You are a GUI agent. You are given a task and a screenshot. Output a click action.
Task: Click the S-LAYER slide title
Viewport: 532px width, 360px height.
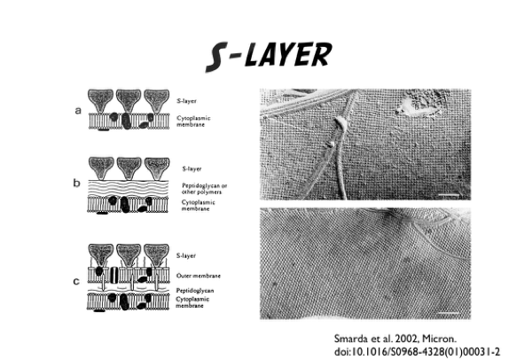(269, 56)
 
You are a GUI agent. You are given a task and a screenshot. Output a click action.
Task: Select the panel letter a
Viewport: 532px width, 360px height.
(78, 111)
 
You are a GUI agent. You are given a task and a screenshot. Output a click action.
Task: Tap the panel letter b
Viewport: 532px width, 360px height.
(76, 183)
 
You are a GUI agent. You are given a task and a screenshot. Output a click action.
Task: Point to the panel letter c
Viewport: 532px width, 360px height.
(76, 281)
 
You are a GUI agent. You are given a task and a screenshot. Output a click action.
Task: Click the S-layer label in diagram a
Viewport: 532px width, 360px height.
(186, 101)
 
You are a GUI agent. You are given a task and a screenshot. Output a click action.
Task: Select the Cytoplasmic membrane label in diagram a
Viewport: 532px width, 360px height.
(193, 121)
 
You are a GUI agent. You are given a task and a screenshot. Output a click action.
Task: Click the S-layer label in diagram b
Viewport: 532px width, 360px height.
(192, 168)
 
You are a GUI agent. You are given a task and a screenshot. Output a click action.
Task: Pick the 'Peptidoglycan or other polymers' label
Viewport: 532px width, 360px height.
(204, 189)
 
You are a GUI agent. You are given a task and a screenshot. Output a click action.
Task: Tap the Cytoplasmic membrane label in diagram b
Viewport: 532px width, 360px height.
(198, 206)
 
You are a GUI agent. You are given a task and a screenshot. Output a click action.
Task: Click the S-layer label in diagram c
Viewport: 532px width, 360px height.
(186, 255)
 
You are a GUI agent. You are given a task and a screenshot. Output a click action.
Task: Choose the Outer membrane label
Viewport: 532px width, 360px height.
(199, 276)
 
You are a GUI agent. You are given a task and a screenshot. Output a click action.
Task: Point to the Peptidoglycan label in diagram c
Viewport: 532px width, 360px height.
(195, 291)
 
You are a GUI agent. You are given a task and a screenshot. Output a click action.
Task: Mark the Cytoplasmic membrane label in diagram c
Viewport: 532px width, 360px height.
(192, 302)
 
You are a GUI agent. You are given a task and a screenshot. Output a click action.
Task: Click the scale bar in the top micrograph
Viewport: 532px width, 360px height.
(449, 195)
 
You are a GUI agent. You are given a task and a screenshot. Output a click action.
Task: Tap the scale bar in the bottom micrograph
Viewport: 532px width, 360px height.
(449, 313)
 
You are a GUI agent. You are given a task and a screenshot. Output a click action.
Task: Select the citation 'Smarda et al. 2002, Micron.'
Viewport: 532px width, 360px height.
(395, 339)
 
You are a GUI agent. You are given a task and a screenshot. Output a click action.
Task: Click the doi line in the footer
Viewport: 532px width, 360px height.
(417, 351)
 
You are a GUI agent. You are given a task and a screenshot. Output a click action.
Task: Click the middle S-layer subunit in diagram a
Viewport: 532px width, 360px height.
(129, 100)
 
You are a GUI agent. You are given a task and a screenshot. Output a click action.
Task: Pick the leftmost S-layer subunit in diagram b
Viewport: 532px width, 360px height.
(101, 168)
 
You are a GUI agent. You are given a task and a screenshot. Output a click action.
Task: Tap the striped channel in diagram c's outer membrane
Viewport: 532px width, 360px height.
(114, 275)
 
